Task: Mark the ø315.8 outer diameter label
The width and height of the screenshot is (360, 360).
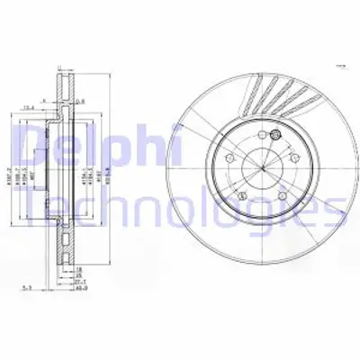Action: click(x=107, y=166)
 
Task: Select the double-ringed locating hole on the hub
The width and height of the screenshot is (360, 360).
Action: click(x=275, y=137)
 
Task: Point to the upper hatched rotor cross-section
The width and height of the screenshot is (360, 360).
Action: click(x=64, y=90)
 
